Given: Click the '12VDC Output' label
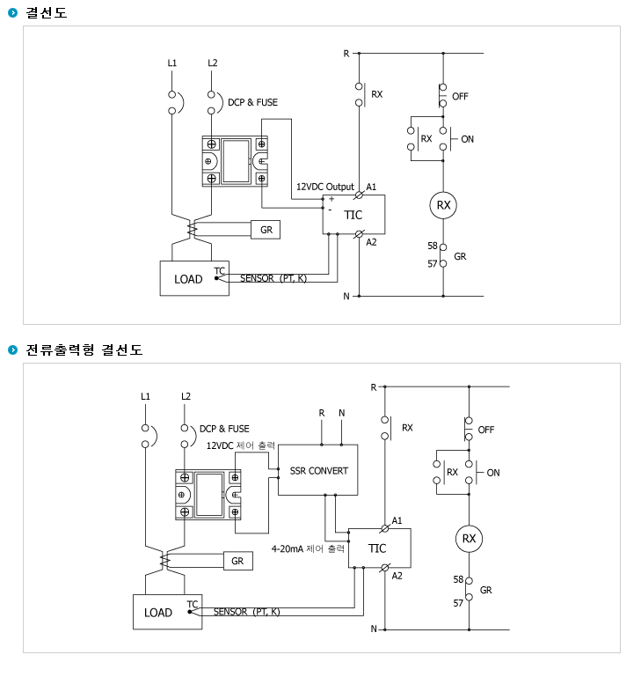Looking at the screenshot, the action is [x=324, y=187].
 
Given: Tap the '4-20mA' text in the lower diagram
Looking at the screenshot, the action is [x=287, y=548].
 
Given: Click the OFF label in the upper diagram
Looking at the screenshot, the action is [x=460, y=96].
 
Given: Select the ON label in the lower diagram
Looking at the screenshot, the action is [x=493, y=473].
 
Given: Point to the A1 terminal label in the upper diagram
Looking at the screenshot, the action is [x=371, y=187].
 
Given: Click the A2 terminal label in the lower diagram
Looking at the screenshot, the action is [x=397, y=576].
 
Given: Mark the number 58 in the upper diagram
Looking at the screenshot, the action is [x=433, y=246].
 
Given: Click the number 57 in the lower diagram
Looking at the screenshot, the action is [x=458, y=603].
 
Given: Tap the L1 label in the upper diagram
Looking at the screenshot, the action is [x=172, y=63].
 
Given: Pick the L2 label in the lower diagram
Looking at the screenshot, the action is [x=186, y=396].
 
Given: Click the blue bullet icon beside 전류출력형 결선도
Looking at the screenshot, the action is [x=13, y=350].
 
